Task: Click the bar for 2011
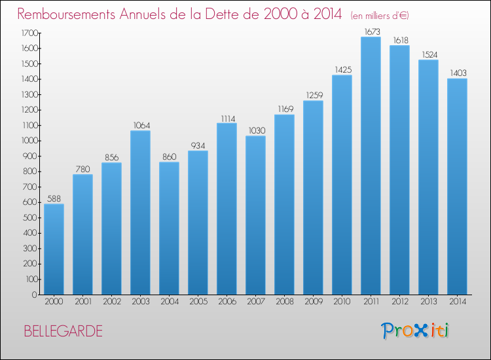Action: [371, 166]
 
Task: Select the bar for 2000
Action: [54, 249]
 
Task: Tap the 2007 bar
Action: [255, 215]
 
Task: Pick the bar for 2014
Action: [457, 187]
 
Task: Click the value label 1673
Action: [373, 31]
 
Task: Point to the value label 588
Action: [54, 199]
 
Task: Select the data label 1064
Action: [142, 126]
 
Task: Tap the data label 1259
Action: [314, 95]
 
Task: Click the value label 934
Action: [198, 145]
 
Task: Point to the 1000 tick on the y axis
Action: [29, 141]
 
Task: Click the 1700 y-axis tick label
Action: [29, 33]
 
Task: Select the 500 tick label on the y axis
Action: [31, 217]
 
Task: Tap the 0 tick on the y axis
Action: [35, 295]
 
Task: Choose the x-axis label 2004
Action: [170, 302]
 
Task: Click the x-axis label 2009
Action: [314, 302]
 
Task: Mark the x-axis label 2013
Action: [429, 302]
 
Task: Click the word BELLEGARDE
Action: [64, 331]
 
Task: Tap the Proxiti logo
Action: [415, 331]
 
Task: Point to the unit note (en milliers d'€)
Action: [380, 16]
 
